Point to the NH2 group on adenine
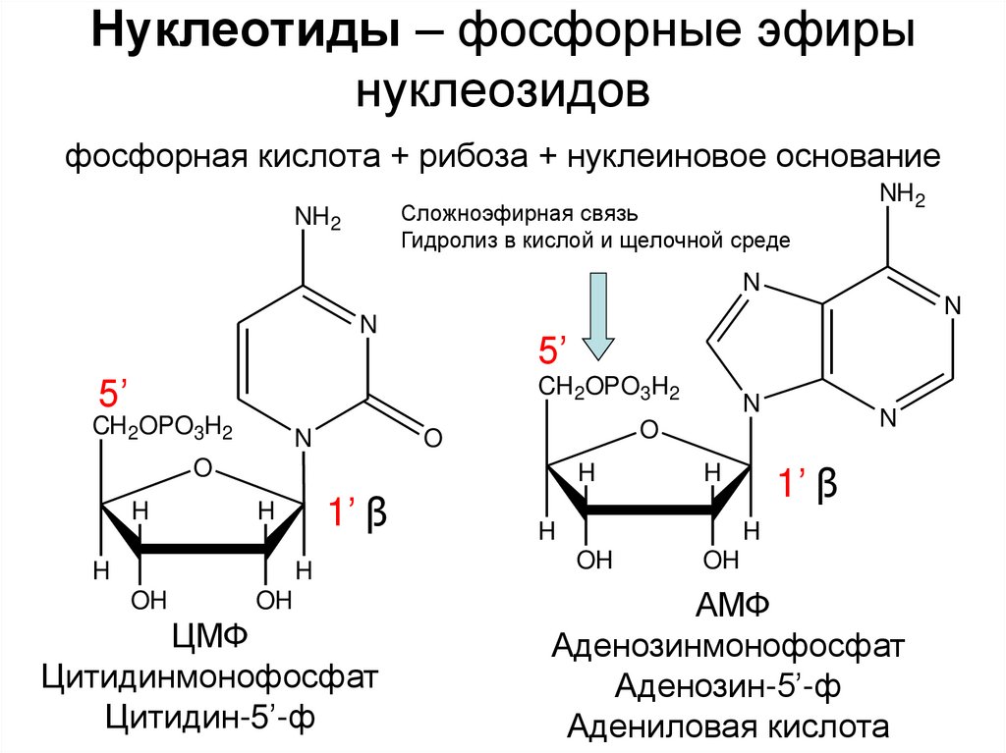903,193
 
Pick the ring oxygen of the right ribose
647,429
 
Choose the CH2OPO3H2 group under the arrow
608,390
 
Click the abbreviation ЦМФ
208,637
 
